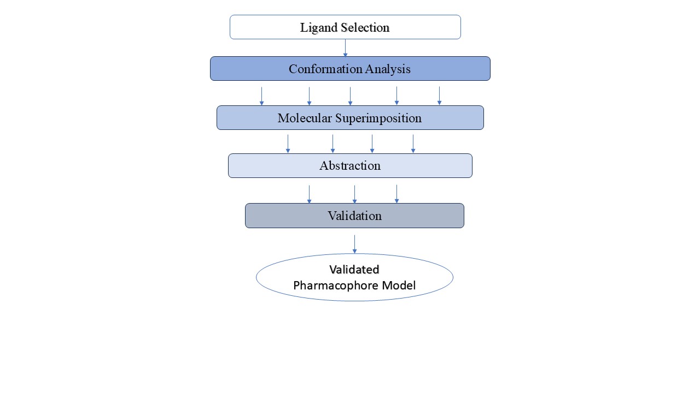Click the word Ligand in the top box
318,27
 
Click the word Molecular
303,118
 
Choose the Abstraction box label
350,166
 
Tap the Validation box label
354,216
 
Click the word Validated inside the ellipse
354,270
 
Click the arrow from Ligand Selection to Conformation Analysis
345,48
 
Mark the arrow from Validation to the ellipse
354,244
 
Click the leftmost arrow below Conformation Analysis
261,96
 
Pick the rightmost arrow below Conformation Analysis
439,96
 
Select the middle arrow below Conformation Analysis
350,96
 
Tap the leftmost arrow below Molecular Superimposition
288,144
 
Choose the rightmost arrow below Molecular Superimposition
413,144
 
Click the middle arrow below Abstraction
354,194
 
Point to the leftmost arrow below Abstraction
309,194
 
